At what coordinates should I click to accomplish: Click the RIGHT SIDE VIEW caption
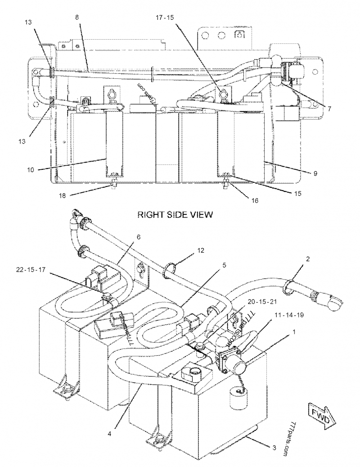pos(175,214)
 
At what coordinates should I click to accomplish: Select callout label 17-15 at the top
pos(165,18)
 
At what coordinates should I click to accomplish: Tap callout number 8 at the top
pos(77,17)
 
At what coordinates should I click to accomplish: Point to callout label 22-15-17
pos(31,270)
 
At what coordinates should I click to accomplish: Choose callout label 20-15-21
pos(262,302)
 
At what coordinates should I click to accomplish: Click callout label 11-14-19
pos(289,315)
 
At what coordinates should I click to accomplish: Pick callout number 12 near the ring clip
pos(201,250)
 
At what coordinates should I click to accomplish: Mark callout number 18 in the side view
pos(62,196)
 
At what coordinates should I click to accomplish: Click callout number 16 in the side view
pos(255,201)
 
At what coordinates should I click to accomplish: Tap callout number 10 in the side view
pos(31,170)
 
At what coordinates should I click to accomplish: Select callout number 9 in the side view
pos(315,173)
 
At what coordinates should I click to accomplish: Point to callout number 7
pos(329,109)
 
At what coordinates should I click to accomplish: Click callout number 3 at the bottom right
pos(274,448)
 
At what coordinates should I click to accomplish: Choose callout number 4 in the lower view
pos(109,434)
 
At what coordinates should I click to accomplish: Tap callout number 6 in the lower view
pos(139,237)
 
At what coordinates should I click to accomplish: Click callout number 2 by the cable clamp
pos(308,259)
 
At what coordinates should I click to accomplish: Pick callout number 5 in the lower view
pos(225,265)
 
